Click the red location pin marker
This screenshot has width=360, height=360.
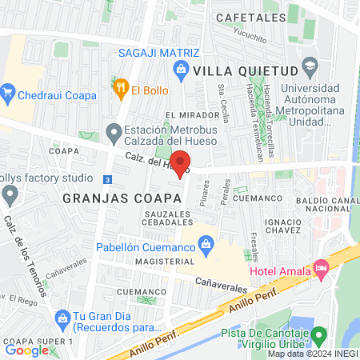tap(181, 162)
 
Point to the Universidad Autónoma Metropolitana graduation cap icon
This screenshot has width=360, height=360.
tap(310, 65)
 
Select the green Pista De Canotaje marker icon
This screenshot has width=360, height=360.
tap(319, 334)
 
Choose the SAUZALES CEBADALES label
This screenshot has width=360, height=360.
tap(168, 218)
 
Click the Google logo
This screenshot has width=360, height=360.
tap(27, 350)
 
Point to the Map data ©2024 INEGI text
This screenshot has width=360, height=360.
tap(312, 354)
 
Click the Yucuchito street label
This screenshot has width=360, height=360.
tap(250, 34)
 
